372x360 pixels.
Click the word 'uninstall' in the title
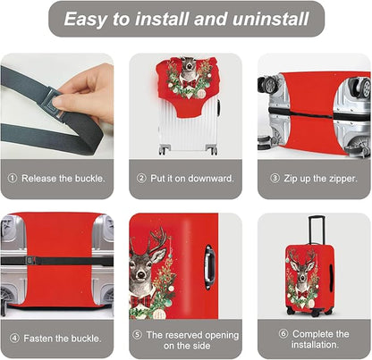click(270, 19)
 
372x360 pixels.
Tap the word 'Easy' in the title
click(85, 20)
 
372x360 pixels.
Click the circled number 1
click(13, 179)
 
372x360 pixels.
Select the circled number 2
click(141, 179)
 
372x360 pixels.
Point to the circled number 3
click(275, 179)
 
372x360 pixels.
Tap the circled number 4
click(14, 339)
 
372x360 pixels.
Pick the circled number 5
click(137, 335)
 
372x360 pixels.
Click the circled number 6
click(283, 333)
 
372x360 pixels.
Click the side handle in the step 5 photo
click(210, 267)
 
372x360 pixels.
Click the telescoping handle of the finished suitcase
click(317, 230)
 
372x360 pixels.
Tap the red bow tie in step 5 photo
click(143, 301)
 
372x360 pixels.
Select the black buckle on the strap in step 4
click(31, 261)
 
